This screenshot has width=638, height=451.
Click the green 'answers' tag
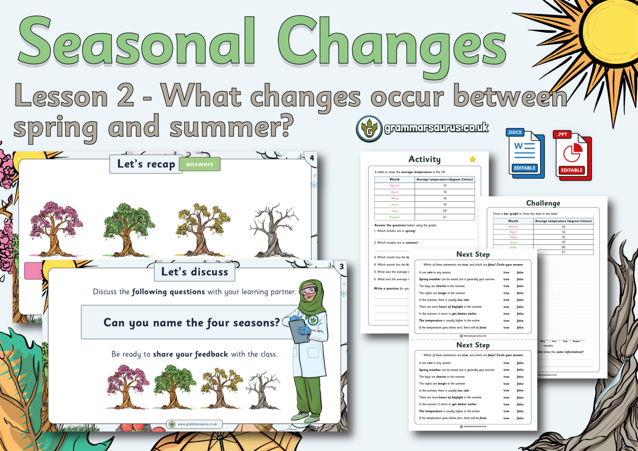coord(200,164)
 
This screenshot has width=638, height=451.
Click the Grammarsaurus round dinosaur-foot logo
coord(369,129)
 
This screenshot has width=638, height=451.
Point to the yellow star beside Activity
coord(472,159)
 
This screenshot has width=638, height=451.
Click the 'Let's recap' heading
coord(146,164)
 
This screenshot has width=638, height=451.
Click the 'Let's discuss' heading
coord(194,272)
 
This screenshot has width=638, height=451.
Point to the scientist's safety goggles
coord(308,290)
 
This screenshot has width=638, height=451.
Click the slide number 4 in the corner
coord(312,158)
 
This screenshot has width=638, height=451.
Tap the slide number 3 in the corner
coord(341,267)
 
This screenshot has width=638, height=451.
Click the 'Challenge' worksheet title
coord(543,203)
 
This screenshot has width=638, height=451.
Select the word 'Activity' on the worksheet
coord(424,159)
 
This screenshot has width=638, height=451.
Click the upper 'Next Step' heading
coord(473,254)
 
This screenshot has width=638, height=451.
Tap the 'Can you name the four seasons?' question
coord(191,323)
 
